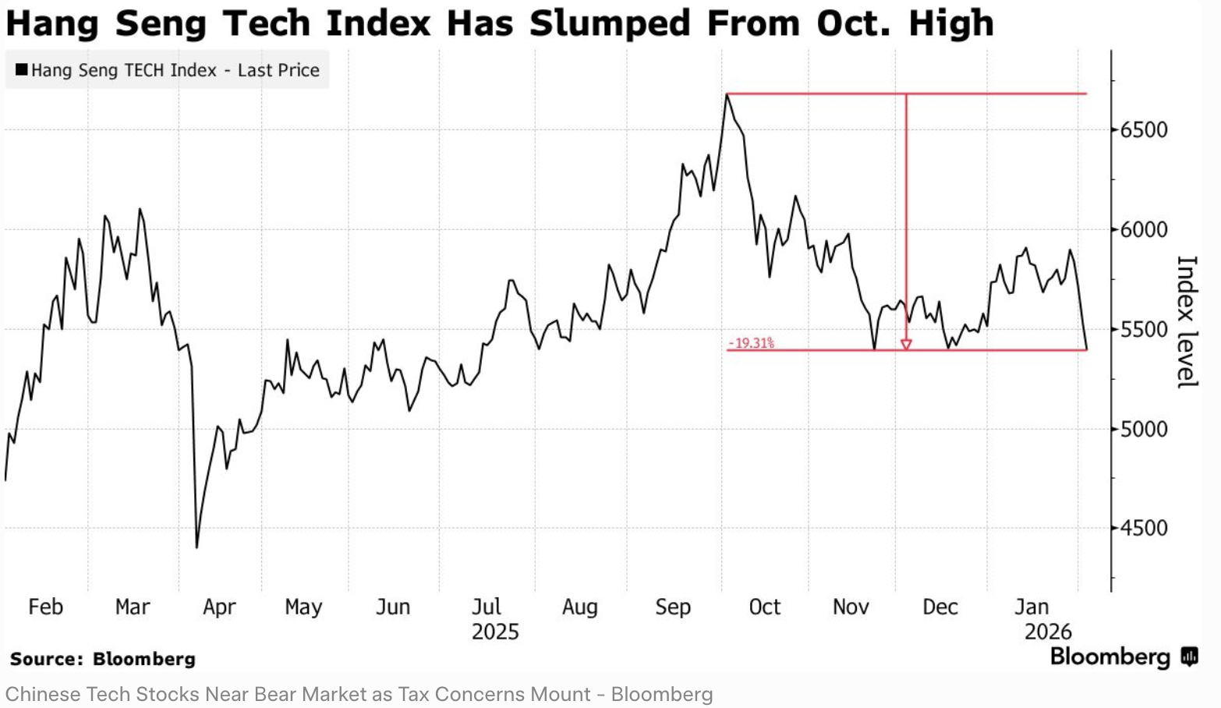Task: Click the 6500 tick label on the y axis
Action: pos(1144,129)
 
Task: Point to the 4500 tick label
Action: pos(1144,528)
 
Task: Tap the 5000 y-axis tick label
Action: pos(1144,428)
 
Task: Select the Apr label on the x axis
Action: pos(219,607)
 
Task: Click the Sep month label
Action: pos(673,607)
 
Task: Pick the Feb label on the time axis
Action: pos(45,607)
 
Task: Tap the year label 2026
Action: pos(1048,632)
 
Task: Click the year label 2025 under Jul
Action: pos(495,632)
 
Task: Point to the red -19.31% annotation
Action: pos(752,343)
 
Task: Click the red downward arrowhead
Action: pos(906,344)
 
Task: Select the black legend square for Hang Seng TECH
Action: pos(21,69)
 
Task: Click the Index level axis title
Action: pos(1185,321)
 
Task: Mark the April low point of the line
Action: pos(196,547)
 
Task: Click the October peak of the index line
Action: pos(727,94)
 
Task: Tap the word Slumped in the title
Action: pos(610,23)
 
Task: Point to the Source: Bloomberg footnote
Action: pos(103,659)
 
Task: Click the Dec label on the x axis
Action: pos(940,607)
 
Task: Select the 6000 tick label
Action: pos(1144,229)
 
